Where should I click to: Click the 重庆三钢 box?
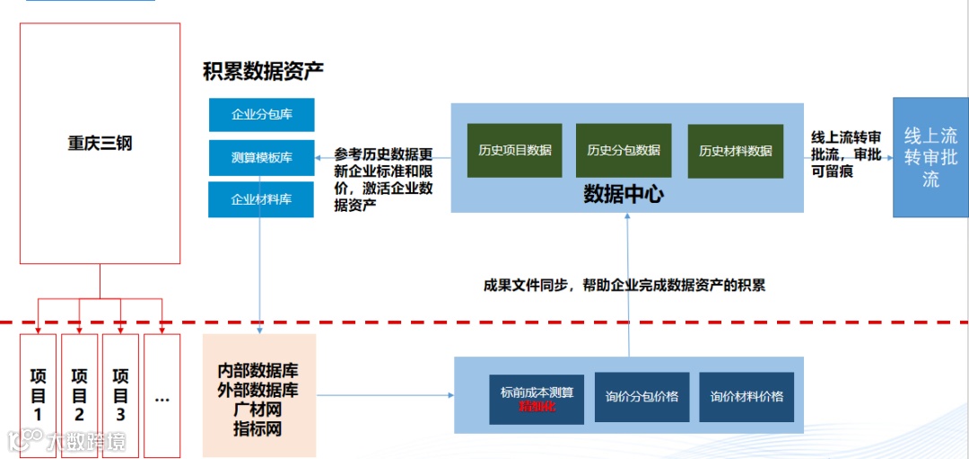coord(100,144)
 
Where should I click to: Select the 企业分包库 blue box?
coord(261,115)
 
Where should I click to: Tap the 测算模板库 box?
coord(261,157)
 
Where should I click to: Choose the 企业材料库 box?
coord(261,199)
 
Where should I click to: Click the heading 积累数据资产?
coord(263,70)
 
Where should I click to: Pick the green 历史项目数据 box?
coord(515,151)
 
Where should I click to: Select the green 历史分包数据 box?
coord(624,151)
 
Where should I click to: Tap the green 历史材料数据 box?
coord(736,151)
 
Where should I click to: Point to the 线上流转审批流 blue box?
coord(930,157)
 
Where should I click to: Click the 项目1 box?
coord(38,394)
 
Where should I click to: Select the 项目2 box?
coord(79,394)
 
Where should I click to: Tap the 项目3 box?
coord(120,394)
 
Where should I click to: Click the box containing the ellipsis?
coord(162,394)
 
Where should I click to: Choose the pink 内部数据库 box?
coord(259,395)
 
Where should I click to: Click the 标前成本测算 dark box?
coord(537,398)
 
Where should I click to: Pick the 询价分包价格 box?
coord(642,397)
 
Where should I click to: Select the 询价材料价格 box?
coord(746,397)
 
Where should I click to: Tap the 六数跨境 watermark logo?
coord(67,440)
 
